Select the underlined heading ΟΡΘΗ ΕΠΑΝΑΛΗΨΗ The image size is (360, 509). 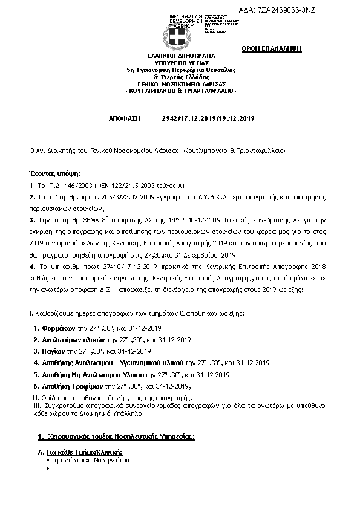tap(280, 48)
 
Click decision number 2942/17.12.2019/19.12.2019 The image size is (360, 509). tap(208, 119)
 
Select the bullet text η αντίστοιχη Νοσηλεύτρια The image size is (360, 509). tap(84, 460)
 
